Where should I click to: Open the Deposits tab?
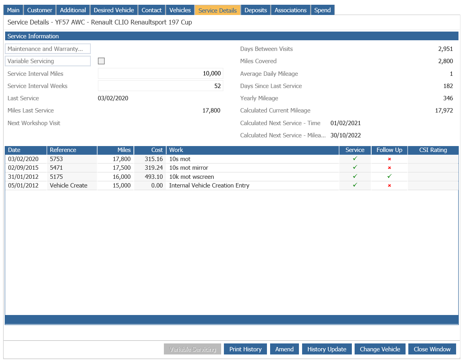(255, 10)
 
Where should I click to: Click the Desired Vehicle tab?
(114, 10)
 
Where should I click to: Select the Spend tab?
(322, 10)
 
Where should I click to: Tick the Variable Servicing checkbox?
(101, 61)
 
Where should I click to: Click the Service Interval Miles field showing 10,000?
(160, 73)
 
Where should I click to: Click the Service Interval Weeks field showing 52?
(160, 86)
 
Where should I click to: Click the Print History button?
(245, 349)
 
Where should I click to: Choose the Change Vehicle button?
(380, 349)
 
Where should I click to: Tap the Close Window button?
(432, 349)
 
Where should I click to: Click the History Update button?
(327, 349)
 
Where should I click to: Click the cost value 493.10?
(154, 176)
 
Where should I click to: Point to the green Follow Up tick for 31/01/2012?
(389, 176)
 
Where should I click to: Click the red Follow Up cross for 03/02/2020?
(389, 159)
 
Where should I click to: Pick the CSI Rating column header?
(433, 150)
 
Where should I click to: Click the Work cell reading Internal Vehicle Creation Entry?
(209, 186)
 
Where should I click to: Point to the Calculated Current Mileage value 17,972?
(444, 111)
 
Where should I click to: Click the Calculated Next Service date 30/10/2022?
(346, 135)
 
